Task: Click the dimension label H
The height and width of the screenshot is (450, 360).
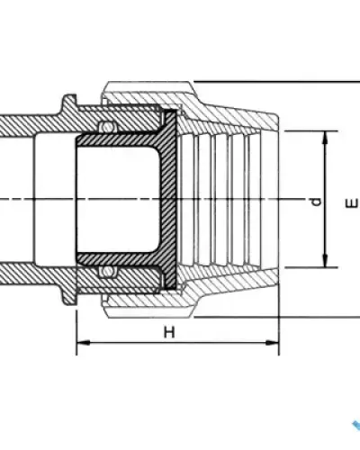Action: click(169, 332)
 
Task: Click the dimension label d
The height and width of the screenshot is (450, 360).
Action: click(316, 202)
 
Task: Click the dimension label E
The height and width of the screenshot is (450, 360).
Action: click(352, 203)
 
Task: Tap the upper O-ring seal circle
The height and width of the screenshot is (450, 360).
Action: click(107, 126)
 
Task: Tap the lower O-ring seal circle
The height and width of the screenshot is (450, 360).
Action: click(107, 272)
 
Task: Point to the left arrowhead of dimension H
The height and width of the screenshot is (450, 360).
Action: click(84, 342)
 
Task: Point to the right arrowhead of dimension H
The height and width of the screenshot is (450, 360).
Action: click(273, 342)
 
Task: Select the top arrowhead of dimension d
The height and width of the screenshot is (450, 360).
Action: click(325, 138)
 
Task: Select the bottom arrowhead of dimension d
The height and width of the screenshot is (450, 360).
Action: click(325, 260)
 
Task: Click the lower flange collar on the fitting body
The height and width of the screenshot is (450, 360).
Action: click(68, 294)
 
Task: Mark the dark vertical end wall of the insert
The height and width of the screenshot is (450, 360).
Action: click(169, 200)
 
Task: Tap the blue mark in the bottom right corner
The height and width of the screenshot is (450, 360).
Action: click(356, 427)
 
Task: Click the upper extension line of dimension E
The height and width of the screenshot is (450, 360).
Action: click(277, 81)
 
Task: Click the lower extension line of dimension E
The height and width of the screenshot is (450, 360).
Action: click(277, 317)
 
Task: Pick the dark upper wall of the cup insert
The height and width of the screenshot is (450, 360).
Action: click(119, 139)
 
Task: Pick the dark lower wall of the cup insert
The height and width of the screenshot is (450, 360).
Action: click(119, 258)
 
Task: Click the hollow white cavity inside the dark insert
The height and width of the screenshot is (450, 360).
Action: click(117, 200)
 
